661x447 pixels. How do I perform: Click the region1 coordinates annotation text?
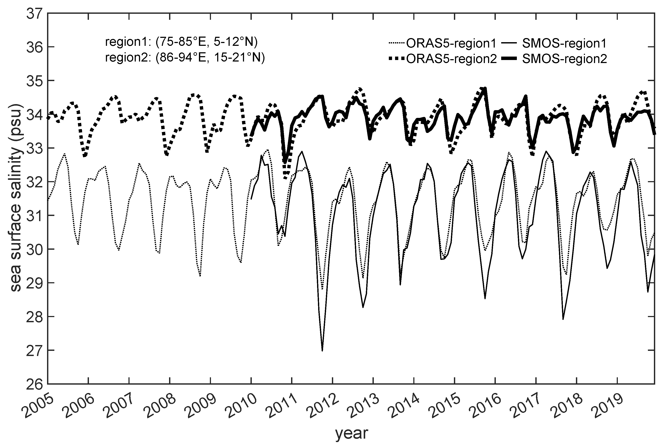[181, 42]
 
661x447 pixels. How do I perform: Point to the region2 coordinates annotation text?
[185, 58]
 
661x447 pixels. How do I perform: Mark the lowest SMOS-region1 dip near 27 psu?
[322, 351]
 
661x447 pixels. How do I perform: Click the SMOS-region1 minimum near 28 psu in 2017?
[563, 319]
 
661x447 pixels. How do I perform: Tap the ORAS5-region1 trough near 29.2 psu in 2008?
[200, 276]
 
